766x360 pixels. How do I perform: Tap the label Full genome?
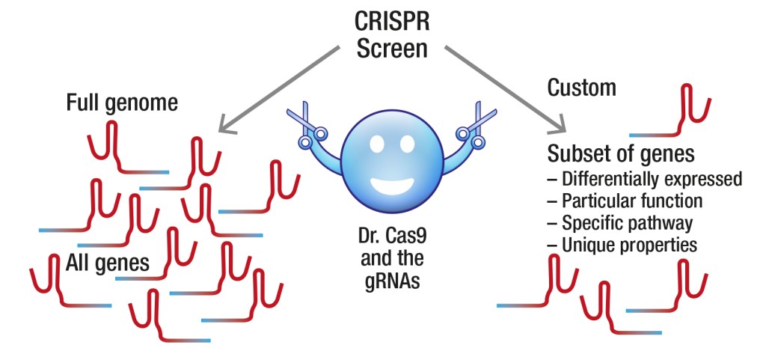click(x=123, y=103)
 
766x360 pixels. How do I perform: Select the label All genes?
click(x=108, y=263)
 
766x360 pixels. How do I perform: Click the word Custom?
click(x=582, y=88)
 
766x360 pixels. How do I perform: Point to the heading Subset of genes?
click(x=622, y=154)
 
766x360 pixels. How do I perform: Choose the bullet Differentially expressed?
click(x=645, y=180)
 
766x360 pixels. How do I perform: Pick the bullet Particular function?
click(x=625, y=201)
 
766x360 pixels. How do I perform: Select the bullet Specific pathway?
click(x=620, y=223)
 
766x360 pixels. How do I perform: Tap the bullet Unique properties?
click(x=622, y=245)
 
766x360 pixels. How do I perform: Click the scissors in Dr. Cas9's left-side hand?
click(x=307, y=128)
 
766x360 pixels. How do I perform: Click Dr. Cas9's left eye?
click(x=376, y=141)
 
